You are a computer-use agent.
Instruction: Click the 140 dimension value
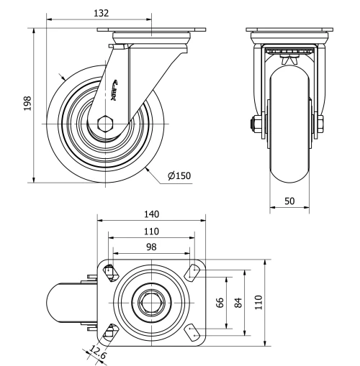pos(151,214)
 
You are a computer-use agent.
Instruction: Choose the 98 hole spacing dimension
pos(151,247)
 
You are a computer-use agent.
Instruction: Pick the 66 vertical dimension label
pos(222,301)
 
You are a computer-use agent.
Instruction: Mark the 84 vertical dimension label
pos(239,301)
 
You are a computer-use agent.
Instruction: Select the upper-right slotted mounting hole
pos(193,271)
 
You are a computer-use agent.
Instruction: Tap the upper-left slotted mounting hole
pos(109,271)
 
